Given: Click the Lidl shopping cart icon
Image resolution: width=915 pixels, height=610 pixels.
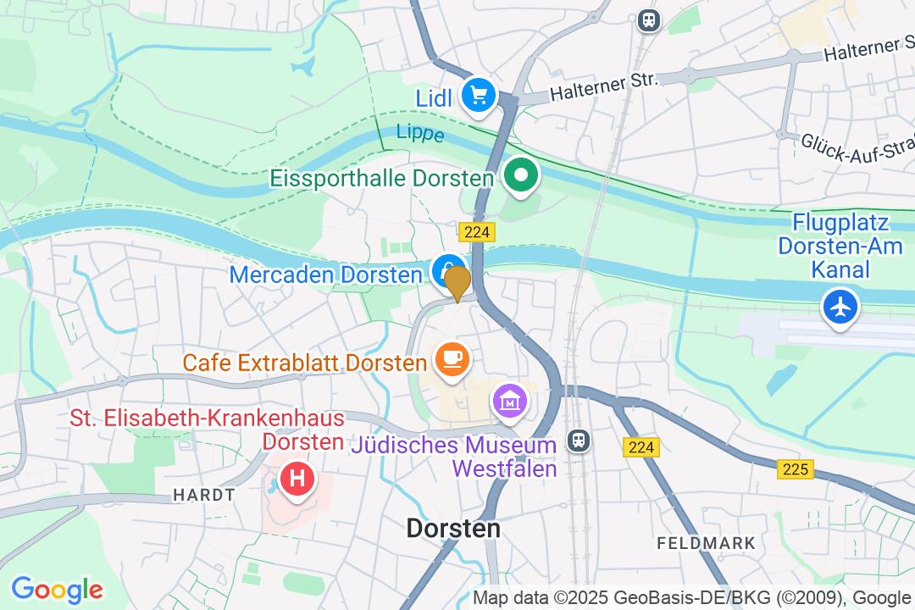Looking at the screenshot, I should point(479,94).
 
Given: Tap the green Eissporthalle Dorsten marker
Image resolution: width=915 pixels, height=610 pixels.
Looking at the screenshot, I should point(522,176).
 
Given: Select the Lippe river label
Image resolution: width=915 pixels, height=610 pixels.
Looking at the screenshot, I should point(420,134).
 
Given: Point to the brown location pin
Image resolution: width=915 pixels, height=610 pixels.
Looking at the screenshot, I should point(457,281).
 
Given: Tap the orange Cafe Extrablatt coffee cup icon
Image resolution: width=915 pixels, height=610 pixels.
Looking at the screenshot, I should point(452,359).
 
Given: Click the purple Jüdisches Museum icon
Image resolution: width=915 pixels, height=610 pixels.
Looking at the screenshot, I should point(510,400).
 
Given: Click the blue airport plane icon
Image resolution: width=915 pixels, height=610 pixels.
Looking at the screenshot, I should point(840,307).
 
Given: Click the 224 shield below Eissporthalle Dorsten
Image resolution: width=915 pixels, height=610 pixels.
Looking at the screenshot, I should point(478,232).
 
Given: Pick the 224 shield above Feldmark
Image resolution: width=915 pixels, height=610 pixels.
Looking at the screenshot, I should point(641,447).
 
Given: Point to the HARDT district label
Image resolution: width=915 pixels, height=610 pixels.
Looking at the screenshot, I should point(203,495).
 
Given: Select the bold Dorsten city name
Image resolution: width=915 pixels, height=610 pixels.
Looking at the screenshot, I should point(453,529).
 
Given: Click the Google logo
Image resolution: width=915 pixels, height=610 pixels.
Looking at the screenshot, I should point(57,589).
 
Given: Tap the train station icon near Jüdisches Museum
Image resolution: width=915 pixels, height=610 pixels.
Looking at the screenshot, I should point(579,440).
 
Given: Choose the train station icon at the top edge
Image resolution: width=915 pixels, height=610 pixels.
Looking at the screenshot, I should point(649,19).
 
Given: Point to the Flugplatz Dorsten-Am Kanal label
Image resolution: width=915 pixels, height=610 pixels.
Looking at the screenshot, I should point(840,247).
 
